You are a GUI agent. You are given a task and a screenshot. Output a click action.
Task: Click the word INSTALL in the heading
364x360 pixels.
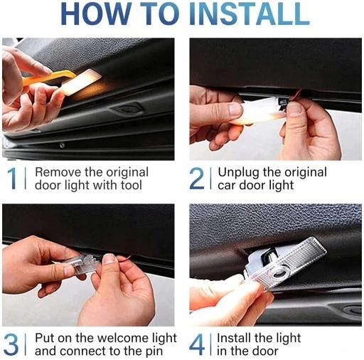tap(249, 14)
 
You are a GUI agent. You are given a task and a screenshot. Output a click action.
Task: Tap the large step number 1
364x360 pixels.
tap(12, 179)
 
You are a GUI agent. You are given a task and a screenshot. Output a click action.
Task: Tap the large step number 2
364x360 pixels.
tap(196, 179)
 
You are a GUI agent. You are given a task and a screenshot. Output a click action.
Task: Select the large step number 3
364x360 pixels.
tap(11, 344)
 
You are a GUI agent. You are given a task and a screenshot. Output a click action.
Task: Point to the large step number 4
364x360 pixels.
tap(197, 344)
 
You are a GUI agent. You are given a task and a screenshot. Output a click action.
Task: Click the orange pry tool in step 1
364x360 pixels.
tap(48, 78)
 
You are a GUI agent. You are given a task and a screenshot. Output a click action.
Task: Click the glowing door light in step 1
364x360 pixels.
tap(80, 82)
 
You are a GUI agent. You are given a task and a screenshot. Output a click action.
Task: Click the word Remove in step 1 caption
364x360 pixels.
tap(58, 172)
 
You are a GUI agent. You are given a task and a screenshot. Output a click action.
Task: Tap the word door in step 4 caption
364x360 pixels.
tap(264, 351)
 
